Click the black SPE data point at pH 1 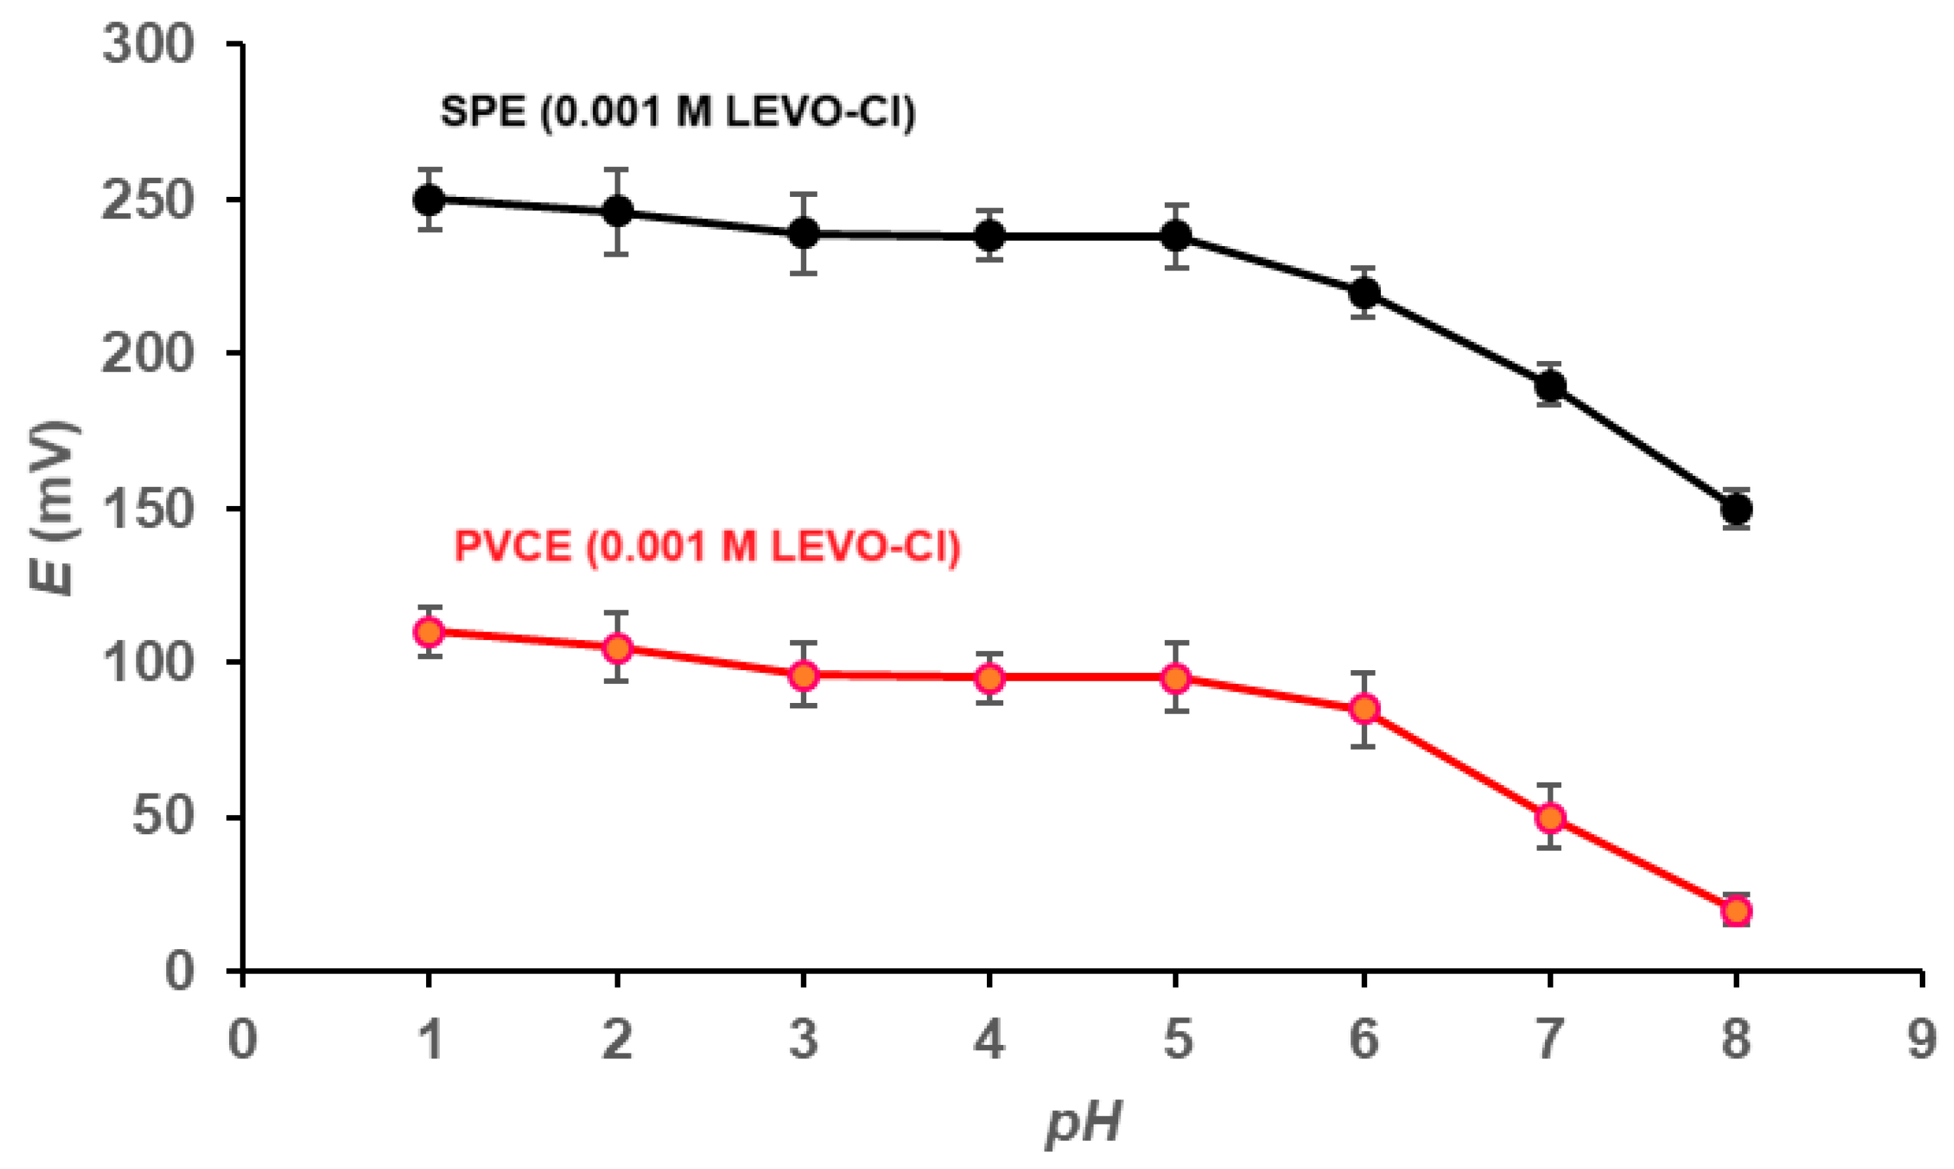point(429,200)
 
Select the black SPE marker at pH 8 point(1737,509)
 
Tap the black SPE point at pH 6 point(1364,293)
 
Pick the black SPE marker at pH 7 point(1550,385)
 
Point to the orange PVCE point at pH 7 point(1550,818)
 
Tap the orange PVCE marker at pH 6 point(1364,708)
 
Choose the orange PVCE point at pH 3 point(804,675)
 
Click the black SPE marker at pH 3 point(804,233)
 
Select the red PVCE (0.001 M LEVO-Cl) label point(706,546)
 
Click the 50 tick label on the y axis point(162,817)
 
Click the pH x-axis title point(1083,1122)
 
